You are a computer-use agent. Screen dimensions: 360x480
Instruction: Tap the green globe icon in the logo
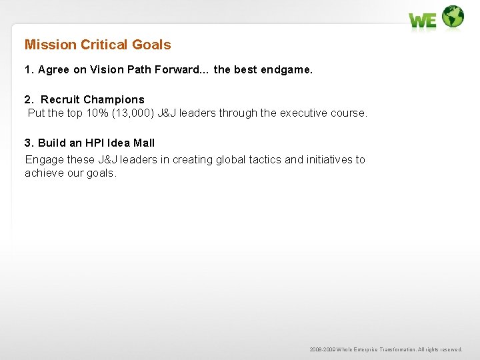click(453, 17)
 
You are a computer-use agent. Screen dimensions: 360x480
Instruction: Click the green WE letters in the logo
click(423, 21)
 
